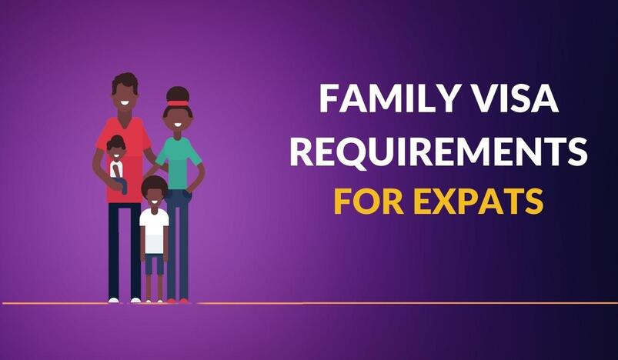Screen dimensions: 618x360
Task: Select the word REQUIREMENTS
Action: [439, 152]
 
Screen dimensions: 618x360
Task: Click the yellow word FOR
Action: [368, 202]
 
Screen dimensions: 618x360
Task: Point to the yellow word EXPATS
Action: [479, 202]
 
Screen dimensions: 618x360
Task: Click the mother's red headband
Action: [178, 104]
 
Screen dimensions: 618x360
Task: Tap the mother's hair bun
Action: [178, 94]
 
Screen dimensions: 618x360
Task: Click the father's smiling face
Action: [125, 99]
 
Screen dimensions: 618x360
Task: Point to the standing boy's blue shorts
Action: [154, 264]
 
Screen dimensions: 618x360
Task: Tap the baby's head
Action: [116, 148]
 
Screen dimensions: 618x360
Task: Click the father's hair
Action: [125, 82]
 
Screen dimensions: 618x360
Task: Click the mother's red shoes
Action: [178, 301]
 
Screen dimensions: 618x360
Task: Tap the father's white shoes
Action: [125, 300]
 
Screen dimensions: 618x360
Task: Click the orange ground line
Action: [309, 303]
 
